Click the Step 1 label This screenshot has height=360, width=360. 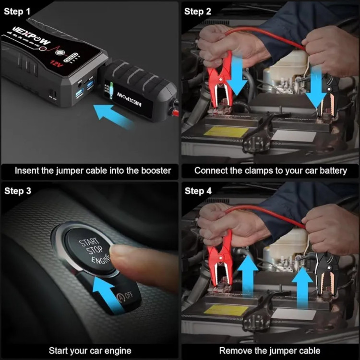pos(17,12)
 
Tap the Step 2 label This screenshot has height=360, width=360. pos(198,12)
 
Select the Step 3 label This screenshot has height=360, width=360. pos(18,191)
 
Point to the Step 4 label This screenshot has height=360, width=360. pos(198,191)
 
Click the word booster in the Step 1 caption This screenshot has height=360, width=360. pos(156,171)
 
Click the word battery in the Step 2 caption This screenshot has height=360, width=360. pos(334,171)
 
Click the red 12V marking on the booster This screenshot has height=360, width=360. pos(57,64)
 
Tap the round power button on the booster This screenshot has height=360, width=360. pos(60,53)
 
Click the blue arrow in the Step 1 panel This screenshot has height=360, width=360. pos(112,116)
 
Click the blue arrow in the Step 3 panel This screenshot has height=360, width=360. pos(107,293)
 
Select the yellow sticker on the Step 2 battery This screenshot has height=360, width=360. pos(226,132)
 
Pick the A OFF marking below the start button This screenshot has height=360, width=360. pos(125,296)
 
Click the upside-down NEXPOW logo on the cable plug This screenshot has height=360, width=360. pos(129,100)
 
